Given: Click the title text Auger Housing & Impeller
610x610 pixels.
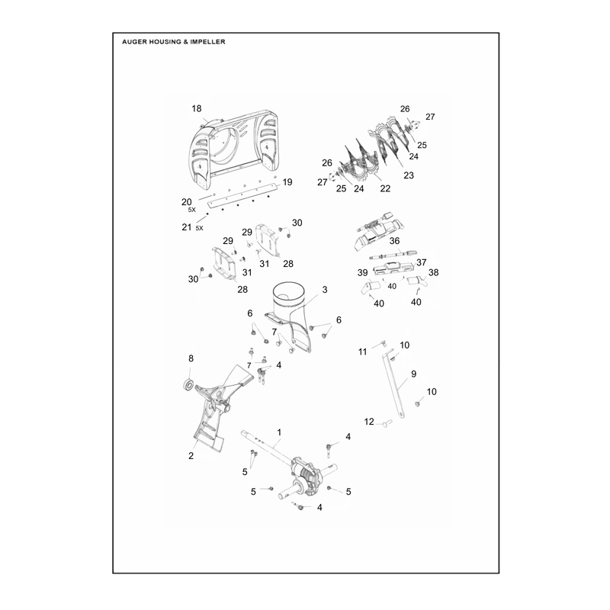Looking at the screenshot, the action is click(x=174, y=42).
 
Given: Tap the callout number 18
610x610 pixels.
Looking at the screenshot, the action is click(x=197, y=108).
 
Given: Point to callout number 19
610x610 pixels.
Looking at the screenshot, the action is click(x=287, y=182).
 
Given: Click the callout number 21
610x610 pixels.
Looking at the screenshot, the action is click(x=187, y=227).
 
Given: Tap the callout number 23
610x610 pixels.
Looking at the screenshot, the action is click(x=409, y=175).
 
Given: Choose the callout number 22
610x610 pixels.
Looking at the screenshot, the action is click(x=385, y=188).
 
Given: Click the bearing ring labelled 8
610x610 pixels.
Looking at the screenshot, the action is click(x=189, y=384).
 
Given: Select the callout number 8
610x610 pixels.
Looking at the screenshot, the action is click(x=191, y=358).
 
